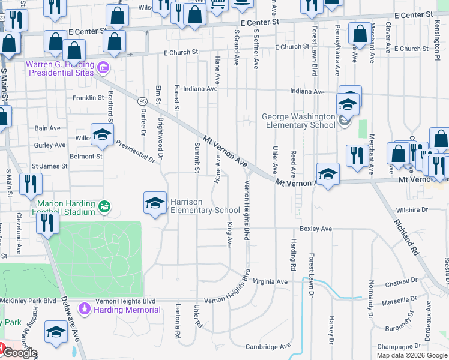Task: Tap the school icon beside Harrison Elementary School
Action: pos(155,202)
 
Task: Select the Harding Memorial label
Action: pos(127,310)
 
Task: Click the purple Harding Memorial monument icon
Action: pos(85,310)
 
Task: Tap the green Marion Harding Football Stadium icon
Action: pos(105,206)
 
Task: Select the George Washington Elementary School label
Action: pos(298,121)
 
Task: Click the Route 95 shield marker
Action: pos(142,100)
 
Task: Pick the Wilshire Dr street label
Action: pos(412,210)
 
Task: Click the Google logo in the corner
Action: pos(20,353)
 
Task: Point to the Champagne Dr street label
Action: pos(399,347)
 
